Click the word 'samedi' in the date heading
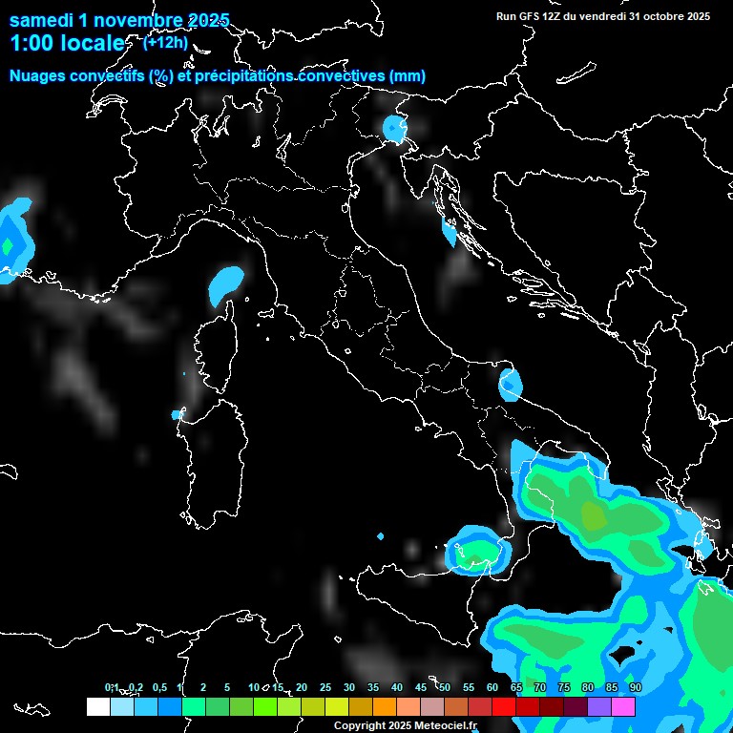(42, 19)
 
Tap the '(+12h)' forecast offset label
(165, 41)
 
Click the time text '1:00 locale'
(67, 44)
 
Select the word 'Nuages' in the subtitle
(38, 76)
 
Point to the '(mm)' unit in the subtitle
(408, 76)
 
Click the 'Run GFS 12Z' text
(537, 16)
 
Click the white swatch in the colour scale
(97, 706)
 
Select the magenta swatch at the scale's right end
(623, 706)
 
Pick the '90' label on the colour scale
(635, 688)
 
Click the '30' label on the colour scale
(349, 688)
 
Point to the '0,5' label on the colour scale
(159, 688)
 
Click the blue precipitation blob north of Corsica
(225, 283)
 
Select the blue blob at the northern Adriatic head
(393, 127)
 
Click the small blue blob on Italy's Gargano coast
(511, 385)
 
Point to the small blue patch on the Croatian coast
(450, 232)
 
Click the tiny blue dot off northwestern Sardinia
(177, 414)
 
